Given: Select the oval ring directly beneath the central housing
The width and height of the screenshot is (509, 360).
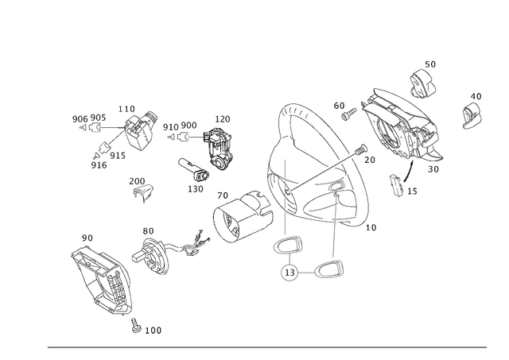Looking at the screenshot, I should coord(288,246).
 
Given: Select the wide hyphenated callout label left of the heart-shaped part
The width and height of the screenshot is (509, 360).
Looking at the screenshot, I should coord(87,120).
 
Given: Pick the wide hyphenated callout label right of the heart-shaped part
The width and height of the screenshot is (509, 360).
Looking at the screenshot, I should coord(180,126).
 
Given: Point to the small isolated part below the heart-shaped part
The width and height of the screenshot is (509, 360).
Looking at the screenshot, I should coord(141,188).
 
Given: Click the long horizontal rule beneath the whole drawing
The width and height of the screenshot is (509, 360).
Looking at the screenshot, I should coord(266,346).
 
